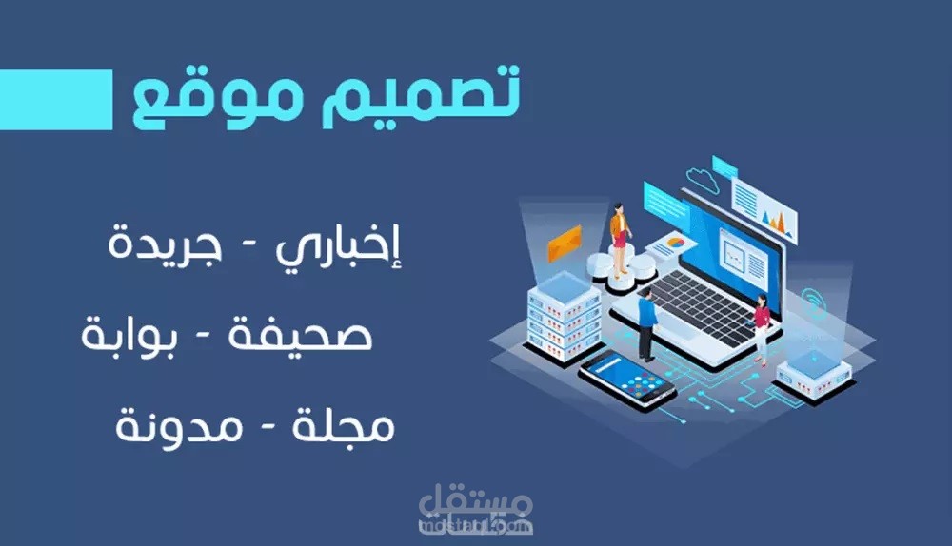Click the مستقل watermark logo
477,510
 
